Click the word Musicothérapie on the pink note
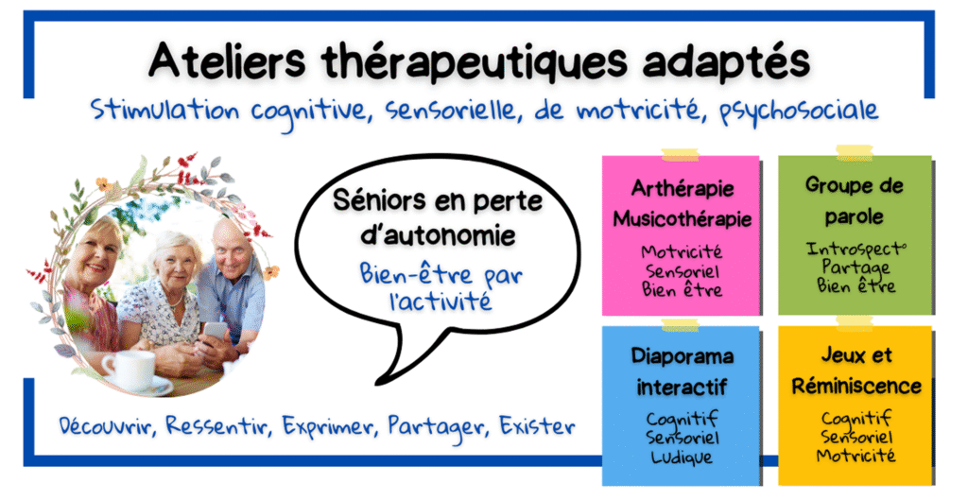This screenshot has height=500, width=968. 682,219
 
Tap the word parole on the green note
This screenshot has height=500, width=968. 853,216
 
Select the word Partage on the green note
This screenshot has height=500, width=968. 854,267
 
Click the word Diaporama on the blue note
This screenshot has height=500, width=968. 682,356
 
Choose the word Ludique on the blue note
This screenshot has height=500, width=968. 681,457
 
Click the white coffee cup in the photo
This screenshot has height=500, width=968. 127,370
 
